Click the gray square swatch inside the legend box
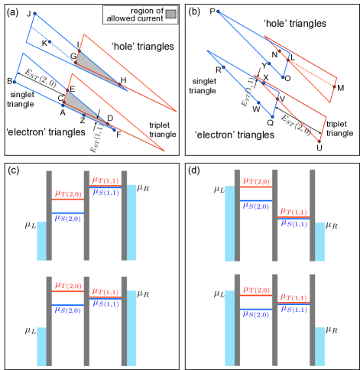170,14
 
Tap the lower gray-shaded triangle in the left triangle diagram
79,105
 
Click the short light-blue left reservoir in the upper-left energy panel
41,241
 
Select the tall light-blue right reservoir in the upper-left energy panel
131,222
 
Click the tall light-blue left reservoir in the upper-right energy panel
229,222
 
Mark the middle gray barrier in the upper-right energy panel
274,215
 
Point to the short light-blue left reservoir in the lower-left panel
41,346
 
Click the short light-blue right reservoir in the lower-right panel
319,346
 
